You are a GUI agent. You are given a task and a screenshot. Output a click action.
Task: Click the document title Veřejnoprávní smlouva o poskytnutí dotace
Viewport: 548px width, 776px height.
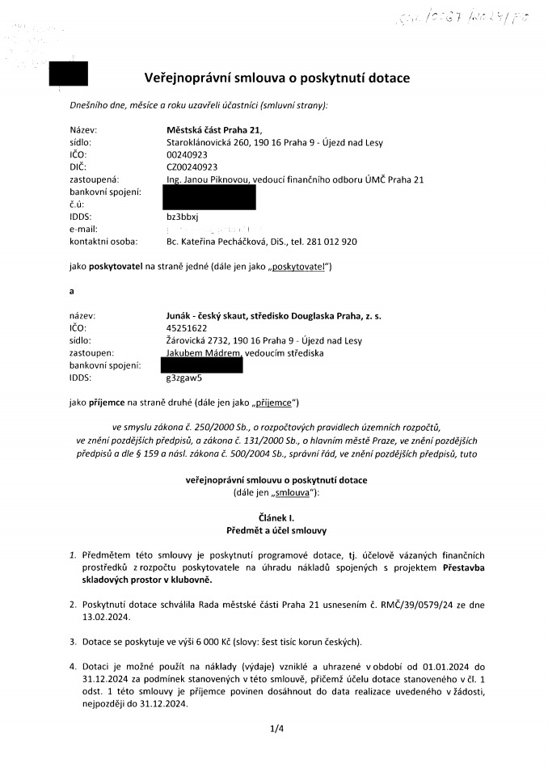coord(276,78)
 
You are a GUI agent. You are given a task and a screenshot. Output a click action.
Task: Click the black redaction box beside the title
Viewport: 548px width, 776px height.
coord(69,74)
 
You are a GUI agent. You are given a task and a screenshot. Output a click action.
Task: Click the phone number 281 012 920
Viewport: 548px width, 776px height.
coord(329,241)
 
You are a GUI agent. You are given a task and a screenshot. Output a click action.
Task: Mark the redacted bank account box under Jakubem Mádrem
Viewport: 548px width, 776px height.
coord(203,365)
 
